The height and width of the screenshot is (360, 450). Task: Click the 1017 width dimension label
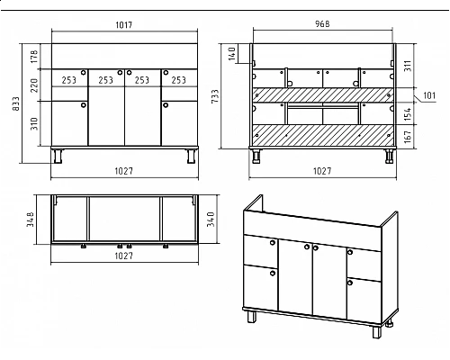[124, 24]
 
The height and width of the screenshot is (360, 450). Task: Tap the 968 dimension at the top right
[322, 23]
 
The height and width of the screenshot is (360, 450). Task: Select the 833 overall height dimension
[16, 103]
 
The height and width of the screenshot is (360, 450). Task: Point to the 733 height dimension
[215, 96]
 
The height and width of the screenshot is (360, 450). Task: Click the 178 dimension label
[34, 57]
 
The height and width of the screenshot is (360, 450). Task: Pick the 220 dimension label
[34, 85]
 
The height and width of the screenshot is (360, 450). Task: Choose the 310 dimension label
[34, 123]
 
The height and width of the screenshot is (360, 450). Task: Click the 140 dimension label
[232, 53]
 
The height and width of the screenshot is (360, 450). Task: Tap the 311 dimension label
[407, 66]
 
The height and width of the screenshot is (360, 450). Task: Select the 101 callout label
[429, 95]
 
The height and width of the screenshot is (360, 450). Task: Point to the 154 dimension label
[407, 114]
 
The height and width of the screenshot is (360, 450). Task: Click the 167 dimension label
[407, 137]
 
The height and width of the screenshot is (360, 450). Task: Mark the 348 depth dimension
[31, 220]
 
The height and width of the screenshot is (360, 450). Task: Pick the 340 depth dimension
[211, 219]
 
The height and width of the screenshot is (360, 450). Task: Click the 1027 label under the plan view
[124, 256]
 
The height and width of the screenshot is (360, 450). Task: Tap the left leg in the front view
[58, 156]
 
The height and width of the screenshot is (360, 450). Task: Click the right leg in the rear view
[390, 157]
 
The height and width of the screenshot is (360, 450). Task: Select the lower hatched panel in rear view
[323, 135]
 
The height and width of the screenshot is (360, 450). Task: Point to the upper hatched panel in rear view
[323, 94]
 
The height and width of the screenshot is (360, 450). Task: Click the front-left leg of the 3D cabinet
[252, 316]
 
